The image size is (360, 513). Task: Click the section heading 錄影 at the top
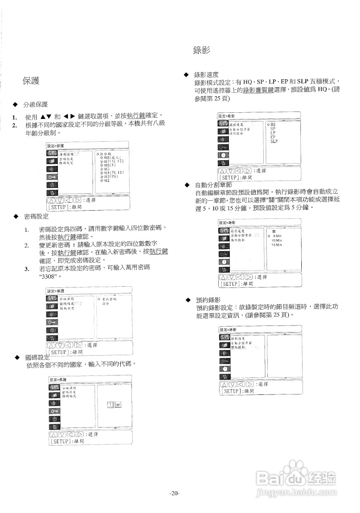click(202, 50)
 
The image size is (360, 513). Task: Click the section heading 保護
click(31, 81)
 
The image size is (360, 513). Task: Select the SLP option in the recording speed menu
click(274, 141)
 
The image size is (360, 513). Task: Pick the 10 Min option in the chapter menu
click(277, 240)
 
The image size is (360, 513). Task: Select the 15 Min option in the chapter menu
click(277, 245)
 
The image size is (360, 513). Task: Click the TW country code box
click(114, 405)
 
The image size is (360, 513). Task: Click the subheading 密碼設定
click(36, 216)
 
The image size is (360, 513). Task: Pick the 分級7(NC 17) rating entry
click(112, 161)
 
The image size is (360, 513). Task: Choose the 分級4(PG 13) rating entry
click(112, 172)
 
